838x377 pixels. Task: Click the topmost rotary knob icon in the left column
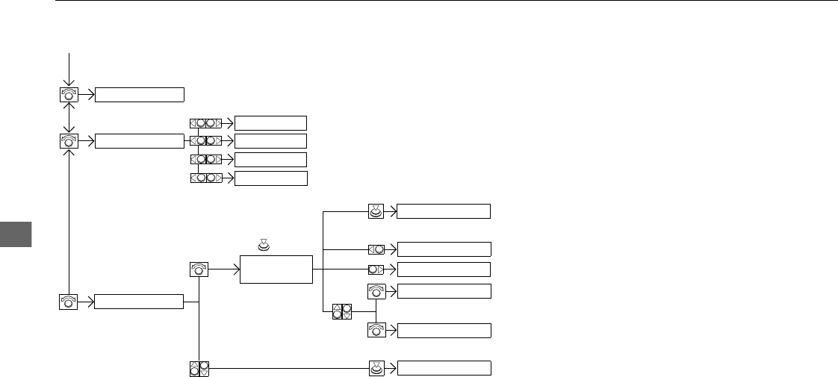69,95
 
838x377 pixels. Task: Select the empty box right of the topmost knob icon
139,94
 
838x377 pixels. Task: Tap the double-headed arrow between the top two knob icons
69,116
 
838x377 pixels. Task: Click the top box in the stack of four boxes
270,123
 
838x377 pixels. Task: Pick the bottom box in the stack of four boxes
270,178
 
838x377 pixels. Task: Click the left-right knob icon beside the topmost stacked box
206,123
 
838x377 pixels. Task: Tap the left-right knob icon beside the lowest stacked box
206,178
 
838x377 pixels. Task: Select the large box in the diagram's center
276,269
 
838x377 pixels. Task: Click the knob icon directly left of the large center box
199,269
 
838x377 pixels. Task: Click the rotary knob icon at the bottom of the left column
69,302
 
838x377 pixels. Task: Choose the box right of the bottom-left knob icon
139,302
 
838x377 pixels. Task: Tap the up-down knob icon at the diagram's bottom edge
199,368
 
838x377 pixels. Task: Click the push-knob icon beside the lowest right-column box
376,367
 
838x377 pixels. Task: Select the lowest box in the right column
444,367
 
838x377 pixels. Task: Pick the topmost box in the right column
444,211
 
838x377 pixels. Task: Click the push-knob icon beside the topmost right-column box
376,211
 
